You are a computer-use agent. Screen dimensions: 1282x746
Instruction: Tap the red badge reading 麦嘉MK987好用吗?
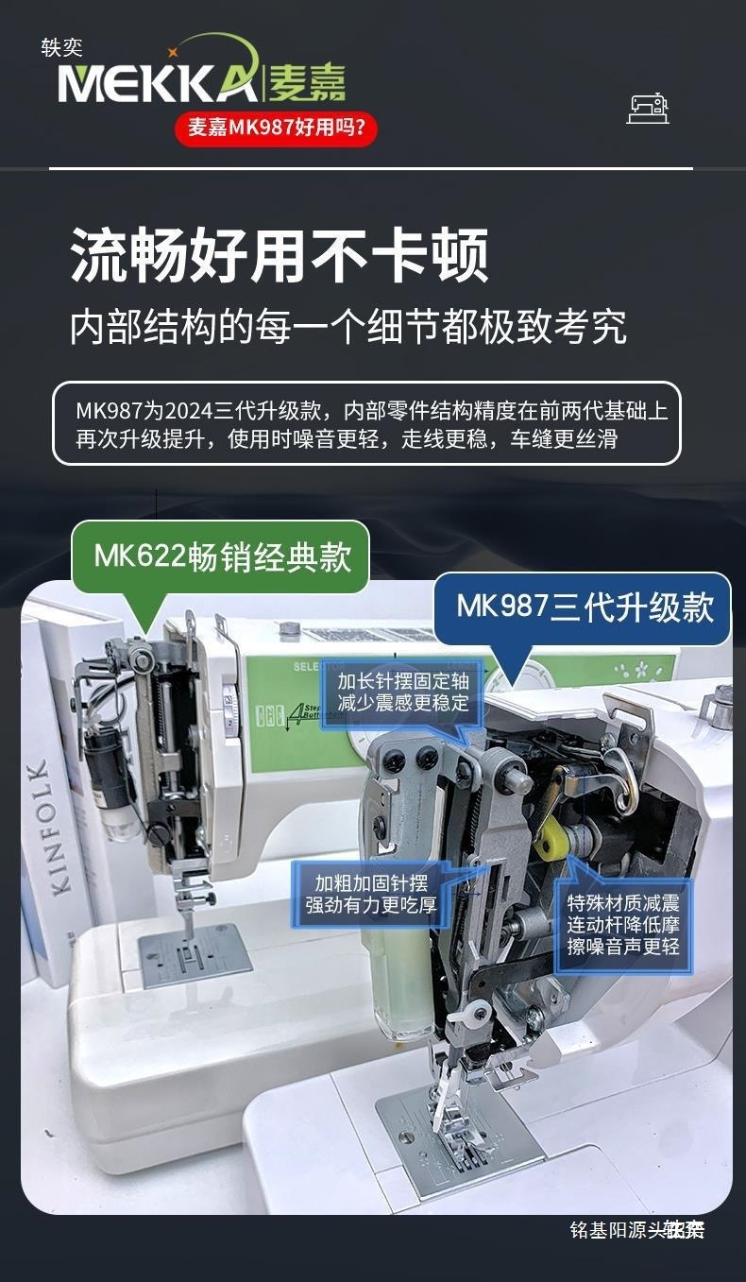pos(276,128)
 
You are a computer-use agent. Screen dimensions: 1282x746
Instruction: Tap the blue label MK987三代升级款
pos(585,606)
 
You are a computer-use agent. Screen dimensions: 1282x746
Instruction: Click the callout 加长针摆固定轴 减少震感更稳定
pos(402,692)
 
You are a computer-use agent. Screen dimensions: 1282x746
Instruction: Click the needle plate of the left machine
pos(195,955)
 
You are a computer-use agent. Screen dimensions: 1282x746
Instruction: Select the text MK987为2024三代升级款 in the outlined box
pos(202,412)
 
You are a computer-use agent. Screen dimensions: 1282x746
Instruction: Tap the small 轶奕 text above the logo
pos(61,47)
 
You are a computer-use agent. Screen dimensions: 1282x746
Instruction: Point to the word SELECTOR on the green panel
pos(321,667)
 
